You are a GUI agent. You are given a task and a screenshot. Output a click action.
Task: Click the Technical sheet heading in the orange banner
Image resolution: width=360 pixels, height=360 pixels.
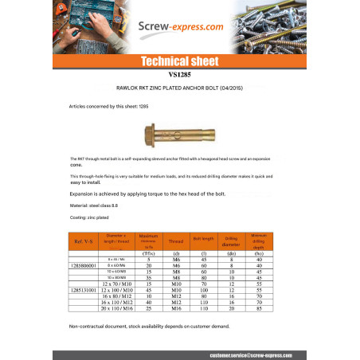(x=179, y=61)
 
